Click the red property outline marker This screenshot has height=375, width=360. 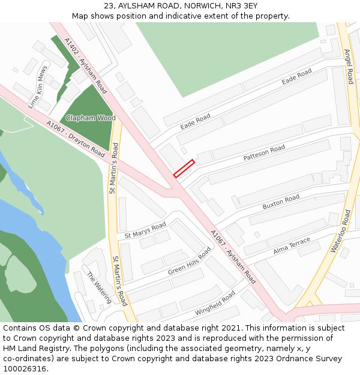[184, 168]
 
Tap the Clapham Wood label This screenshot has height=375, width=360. [91, 118]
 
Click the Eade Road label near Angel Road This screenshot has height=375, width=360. [296, 77]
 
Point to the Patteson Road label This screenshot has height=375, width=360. [264, 153]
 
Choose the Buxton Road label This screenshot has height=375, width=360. [281, 202]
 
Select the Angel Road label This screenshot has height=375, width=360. [349, 67]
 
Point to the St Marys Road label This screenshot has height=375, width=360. [145, 230]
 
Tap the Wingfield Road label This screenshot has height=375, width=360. [215, 304]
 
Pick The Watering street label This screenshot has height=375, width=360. [99, 287]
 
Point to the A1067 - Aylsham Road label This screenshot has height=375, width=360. [233, 257]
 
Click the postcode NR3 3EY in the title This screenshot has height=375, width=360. [244, 5]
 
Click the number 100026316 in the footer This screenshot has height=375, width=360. [24, 368]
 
